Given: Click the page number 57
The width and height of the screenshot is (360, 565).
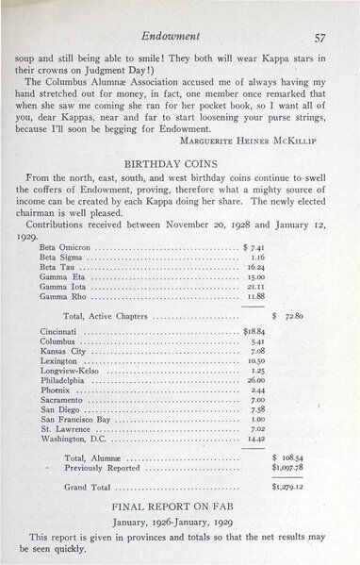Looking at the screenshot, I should click(x=319, y=37).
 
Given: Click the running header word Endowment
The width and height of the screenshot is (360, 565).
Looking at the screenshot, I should click(x=180, y=37).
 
